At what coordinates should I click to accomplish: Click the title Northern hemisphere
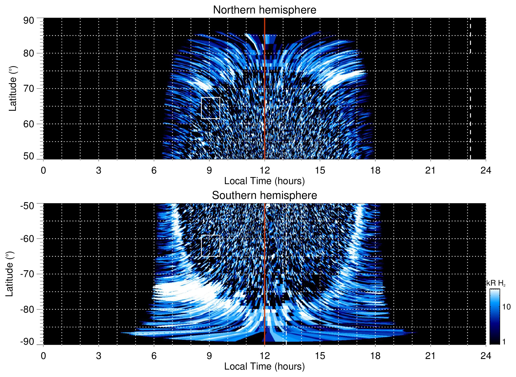pos(264,10)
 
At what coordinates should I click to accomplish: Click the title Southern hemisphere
pos(264,196)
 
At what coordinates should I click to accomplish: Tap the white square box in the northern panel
pos(211,108)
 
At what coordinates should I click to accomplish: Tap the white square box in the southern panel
pos(211,246)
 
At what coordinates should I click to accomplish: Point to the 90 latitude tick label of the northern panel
pos(29,21)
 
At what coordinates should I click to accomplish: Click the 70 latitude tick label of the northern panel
pos(29,88)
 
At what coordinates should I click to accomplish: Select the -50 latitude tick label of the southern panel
pos(27,206)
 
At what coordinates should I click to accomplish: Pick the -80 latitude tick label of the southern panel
pos(27,309)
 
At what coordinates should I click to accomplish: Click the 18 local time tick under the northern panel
pos(375,170)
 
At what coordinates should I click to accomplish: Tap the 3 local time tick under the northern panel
pos(99,170)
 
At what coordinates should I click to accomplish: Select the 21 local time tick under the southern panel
pos(431,356)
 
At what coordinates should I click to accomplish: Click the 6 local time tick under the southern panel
pos(154,356)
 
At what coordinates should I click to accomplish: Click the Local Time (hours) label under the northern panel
pos(264,181)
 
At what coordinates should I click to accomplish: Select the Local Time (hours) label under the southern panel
pos(264,366)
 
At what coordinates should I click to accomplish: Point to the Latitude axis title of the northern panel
pos(12,88)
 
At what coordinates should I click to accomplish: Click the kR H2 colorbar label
pos(496,283)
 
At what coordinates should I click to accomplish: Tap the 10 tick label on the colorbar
pos(506,307)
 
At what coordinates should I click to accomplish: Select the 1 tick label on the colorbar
pos(504,342)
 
